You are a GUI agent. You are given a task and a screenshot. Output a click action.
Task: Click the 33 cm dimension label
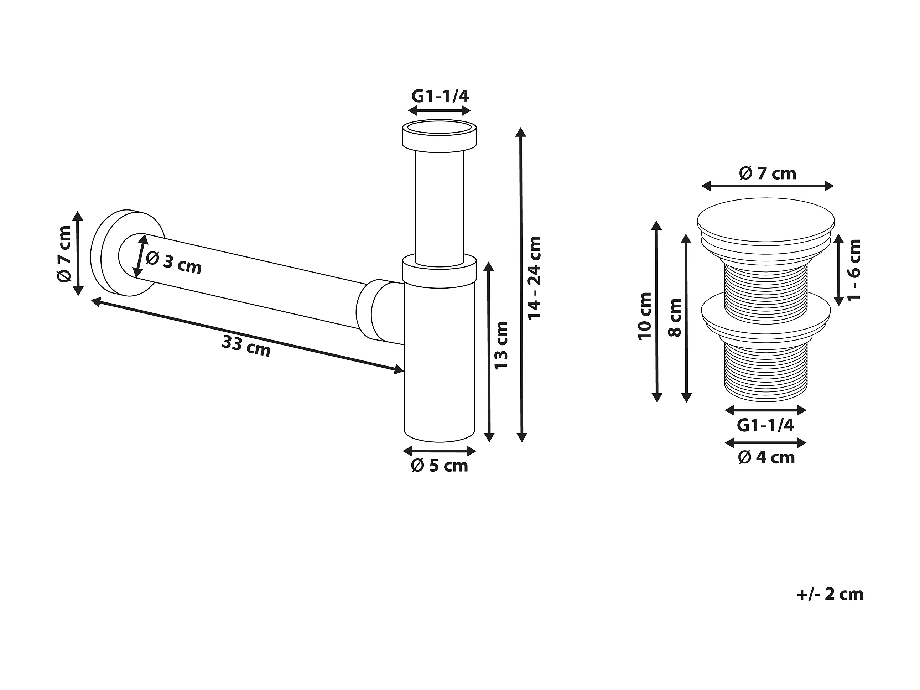(246, 346)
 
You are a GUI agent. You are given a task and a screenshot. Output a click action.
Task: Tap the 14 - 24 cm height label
(535, 278)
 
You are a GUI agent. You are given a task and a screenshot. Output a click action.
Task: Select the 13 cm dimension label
(501, 345)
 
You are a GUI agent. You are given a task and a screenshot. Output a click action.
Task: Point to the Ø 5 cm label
(439, 466)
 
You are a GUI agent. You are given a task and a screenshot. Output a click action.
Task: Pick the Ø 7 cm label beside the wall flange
(65, 254)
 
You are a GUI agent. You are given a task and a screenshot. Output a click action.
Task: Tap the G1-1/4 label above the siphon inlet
(440, 97)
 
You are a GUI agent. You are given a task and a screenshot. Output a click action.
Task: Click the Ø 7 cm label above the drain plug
(767, 173)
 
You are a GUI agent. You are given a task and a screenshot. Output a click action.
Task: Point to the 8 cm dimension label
(675, 318)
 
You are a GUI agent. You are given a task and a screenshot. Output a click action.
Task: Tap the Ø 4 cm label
(766, 457)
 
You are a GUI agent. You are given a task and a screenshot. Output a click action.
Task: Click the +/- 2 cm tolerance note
(830, 594)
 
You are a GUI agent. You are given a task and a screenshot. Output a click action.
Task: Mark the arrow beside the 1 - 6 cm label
(838, 270)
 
